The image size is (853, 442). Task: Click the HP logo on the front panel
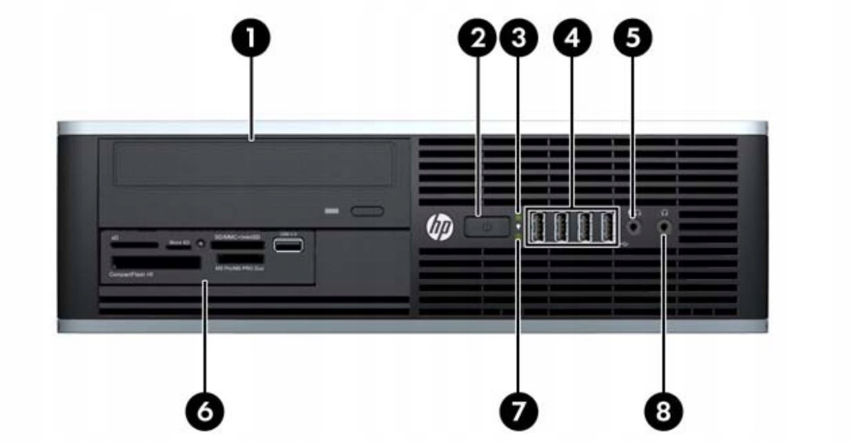440,227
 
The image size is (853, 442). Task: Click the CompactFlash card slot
155,263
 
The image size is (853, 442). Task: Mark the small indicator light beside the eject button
332,210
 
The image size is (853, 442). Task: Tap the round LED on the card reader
200,243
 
